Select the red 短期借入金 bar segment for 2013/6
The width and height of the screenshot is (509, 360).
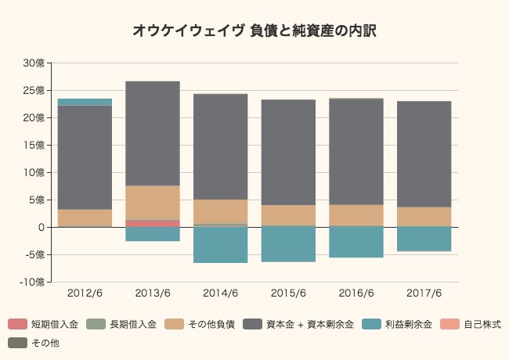pos(153,223)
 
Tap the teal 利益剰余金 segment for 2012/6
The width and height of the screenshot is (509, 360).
pos(85,102)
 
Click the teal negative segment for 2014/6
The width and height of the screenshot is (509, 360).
pos(220,244)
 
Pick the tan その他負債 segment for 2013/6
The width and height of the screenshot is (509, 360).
pos(153,203)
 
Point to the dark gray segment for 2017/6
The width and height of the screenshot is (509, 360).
pos(424,153)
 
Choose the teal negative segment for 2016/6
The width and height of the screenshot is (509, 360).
pos(356,242)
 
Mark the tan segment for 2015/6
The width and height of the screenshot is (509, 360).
pos(288,215)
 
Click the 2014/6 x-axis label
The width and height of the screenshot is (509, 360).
pos(220,293)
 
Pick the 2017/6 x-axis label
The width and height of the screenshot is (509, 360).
pos(424,293)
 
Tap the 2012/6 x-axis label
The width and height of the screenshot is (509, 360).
pos(85,293)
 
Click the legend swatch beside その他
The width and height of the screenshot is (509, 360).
pos(16,343)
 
